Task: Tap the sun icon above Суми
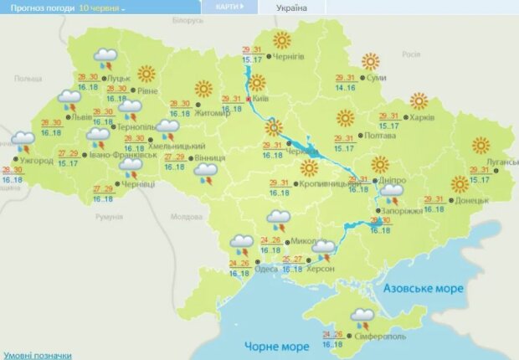pos(370,61)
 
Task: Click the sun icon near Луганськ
pos(480,146)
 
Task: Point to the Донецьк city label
pos(473,201)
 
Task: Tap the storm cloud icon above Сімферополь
pos(363,317)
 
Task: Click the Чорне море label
pos(272,346)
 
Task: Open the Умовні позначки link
pos(37,354)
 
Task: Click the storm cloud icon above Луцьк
pos(105,57)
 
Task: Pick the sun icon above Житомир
pos(203,89)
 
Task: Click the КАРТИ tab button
pos(229,7)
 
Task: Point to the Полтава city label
pos(378,135)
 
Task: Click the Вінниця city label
pos(208,158)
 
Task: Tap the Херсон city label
pos(321,268)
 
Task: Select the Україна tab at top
pos(290,8)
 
